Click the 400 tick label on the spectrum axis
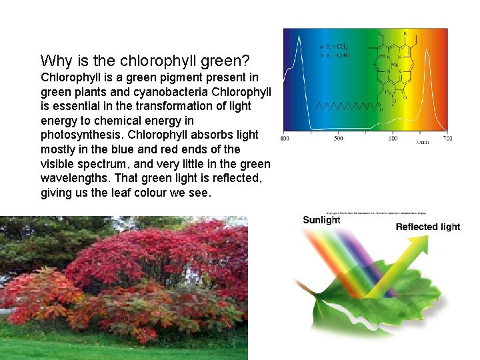coord(284,139)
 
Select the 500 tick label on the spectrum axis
coord(339,139)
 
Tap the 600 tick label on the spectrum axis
coord(393,139)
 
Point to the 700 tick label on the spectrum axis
coord(446,139)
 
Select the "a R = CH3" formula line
coord(334,47)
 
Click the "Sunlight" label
coord(321,220)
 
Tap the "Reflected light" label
coord(427,227)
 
